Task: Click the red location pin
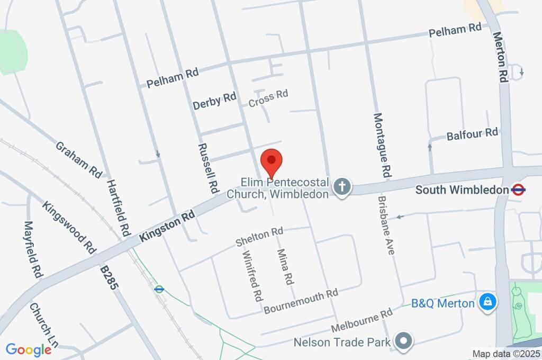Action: pyautogui.click(x=272, y=160)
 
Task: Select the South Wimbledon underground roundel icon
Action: pyautogui.click(x=518, y=189)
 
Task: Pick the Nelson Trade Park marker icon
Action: pyautogui.click(x=404, y=341)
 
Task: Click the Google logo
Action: pyautogui.click(x=28, y=349)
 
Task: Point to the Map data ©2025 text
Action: pyautogui.click(x=506, y=354)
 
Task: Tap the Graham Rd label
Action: pyautogui.click(x=78, y=159)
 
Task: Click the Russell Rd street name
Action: pyautogui.click(x=208, y=168)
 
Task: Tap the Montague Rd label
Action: pyautogui.click(x=383, y=145)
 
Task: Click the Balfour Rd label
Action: pyautogui.click(x=472, y=134)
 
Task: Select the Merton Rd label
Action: pyautogui.click(x=500, y=57)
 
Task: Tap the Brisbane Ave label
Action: pyautogui.click(x=386, y=226)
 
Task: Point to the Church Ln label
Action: pyautogui.click(x=43, y=328)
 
